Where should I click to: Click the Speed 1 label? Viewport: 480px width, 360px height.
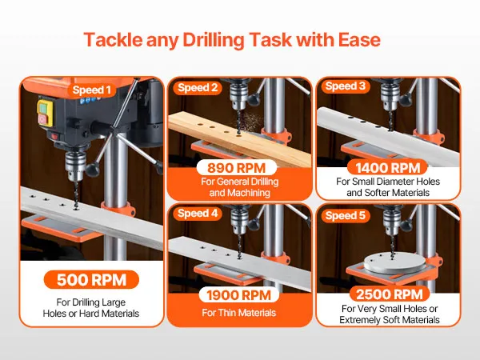tap(91, 90)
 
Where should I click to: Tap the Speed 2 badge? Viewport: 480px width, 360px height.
tap(198, 88)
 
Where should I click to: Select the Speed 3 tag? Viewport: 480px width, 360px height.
tap(346, 86)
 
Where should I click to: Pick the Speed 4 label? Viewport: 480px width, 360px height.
tap(198, 214)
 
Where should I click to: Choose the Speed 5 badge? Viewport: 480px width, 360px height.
tap(346, 215)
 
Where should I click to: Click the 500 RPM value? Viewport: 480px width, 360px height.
tap(91, 279)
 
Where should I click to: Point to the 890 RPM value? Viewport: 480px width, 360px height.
tap(237, 168)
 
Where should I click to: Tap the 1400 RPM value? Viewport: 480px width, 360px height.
tap(387, 168)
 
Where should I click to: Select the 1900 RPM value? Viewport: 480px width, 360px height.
tap(238, 295)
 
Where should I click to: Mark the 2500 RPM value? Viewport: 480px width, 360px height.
tap(390, 294)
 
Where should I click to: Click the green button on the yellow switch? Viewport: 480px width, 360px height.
tap(42, 108)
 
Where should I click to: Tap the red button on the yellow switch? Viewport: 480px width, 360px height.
tap(42, 120)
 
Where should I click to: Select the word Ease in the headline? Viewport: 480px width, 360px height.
tap(359, 40)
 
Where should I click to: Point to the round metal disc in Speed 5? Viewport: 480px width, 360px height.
tap(394, 263)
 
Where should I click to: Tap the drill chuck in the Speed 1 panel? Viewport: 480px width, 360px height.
tap(75, 165)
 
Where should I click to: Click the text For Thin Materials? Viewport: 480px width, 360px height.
tap(238, 313)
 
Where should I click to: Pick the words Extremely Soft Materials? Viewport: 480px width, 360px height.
tap(390, 320)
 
